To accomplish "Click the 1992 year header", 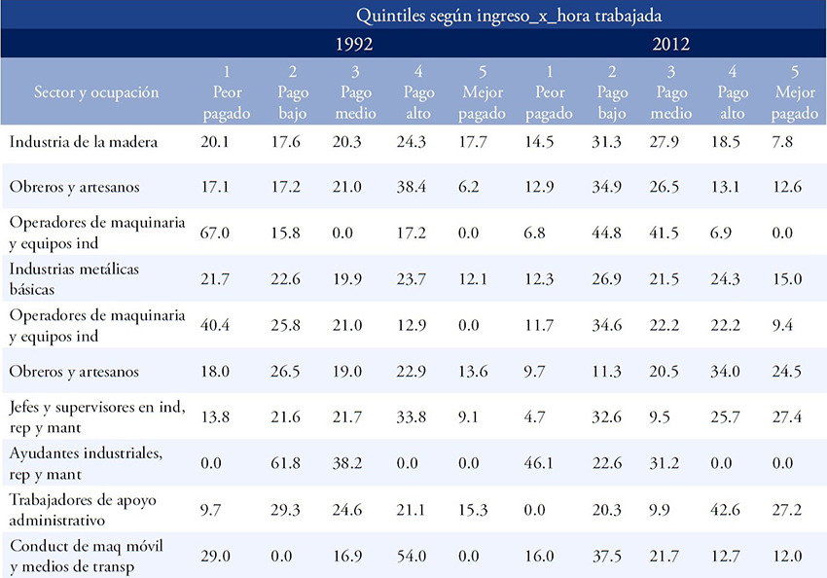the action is (354, 44).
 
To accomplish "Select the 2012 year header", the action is (671, 44).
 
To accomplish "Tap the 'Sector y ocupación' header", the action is (96, 92).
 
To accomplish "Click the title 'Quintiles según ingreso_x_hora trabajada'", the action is (509, 16).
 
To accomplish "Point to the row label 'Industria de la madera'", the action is (84, 142).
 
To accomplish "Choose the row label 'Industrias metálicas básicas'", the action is (74, 279).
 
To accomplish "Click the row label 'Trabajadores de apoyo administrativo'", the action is (83, 510).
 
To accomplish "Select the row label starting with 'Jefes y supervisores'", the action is (97, 416).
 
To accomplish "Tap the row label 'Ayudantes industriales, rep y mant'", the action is (86, 463).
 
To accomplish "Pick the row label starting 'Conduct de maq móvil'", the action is (87, 556).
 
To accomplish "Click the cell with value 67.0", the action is (215, 234).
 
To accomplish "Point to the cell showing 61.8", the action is (285, 463).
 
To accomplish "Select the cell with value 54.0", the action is (412, 556).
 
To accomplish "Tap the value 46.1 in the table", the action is (538, 463).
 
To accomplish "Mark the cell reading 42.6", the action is (725, 510).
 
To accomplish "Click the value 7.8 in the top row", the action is (782, 142).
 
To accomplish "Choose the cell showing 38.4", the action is (412, 187).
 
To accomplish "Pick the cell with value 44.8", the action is (606, 234).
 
